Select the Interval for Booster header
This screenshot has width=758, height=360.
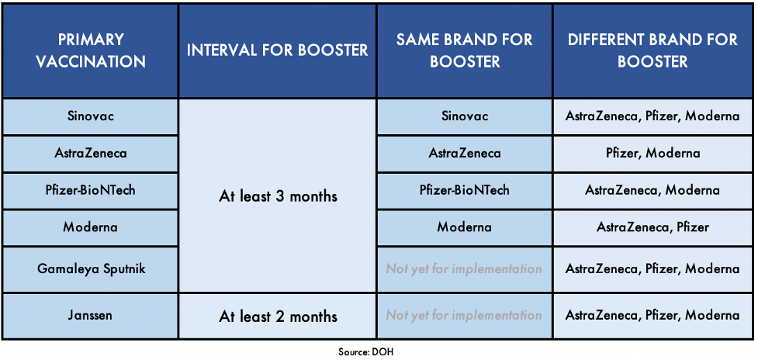(278, 50)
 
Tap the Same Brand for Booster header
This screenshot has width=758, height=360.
(465, 50)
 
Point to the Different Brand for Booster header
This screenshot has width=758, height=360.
(653, 50)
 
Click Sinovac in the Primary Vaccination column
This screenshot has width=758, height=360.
(90, 116)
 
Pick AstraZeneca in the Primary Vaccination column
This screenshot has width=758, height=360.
(90, 154)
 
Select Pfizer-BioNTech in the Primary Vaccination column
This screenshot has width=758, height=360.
(90, 190)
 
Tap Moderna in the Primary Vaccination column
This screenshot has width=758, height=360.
(90, 227)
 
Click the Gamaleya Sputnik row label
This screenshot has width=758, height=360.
(90, 268)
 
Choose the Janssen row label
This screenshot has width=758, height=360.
(90, 316)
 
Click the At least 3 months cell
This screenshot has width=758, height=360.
(278, 196)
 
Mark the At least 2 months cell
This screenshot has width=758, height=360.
(278, 317)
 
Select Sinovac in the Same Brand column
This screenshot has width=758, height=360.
(465, 116)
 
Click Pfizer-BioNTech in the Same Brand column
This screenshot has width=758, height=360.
(465, 190)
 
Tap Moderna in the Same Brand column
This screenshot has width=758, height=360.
(465, 227)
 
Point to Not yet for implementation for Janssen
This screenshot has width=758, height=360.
(464, 316)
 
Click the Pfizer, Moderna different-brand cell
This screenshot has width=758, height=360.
(653, 154)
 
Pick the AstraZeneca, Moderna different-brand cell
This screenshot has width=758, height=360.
(653, 190)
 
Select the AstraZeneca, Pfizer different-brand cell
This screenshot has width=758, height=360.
(653, 227)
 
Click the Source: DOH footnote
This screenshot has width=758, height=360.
(366, 352)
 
